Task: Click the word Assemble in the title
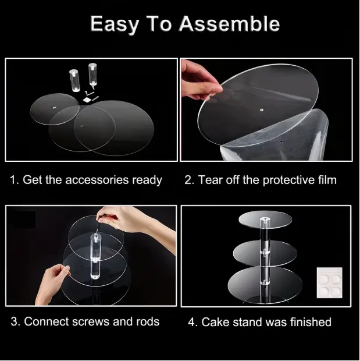(x=229, y=24)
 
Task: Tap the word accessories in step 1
(x=97, y=180)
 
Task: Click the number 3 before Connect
(x=14, y=321)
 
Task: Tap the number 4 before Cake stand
(x=191, y=322)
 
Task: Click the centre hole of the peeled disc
(x=262, y=110)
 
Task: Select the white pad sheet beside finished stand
(x=329, y=282)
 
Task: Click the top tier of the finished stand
(x=265, y=218)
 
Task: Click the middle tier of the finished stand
(x=265, y=253)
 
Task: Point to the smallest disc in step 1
(x=55, y=109)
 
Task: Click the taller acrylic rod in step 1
(x=92, y=75)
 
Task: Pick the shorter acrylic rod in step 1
(x=74, y=80)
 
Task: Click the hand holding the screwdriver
(x=129, y=219)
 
